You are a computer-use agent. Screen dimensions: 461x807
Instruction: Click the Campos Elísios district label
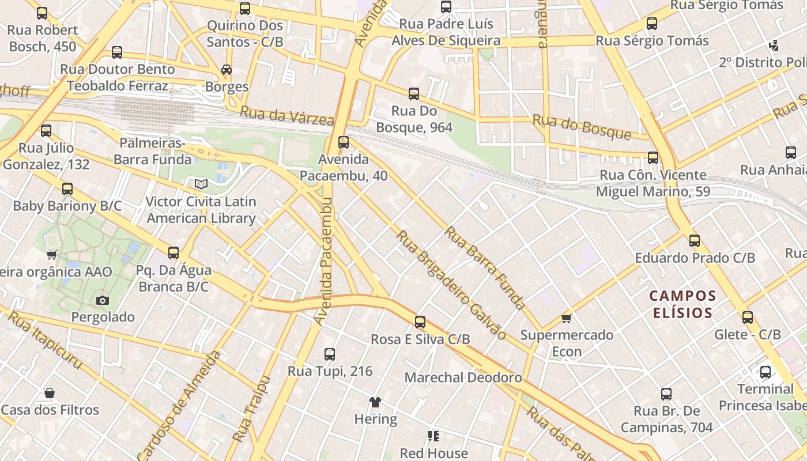[x=682, y=304]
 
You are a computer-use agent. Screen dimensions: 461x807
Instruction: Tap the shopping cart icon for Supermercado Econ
[x=567, y=318]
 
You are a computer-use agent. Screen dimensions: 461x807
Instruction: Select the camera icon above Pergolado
[x=103, y=300]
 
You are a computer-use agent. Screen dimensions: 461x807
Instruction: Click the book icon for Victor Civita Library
[x=201, y=184]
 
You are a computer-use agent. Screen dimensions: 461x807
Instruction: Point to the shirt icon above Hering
[x=375, y=402]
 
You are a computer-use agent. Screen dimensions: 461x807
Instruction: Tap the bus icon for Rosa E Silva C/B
[x=420, y=322]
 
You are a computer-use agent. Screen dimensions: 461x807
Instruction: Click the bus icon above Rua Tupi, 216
[x=330, y=354]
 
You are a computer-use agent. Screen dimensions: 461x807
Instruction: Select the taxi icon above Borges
[x=227, y=70]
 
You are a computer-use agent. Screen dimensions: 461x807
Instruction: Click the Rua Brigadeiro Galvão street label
[x=451, y=285]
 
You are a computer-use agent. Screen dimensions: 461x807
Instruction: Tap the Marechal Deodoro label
[x=463, y=377]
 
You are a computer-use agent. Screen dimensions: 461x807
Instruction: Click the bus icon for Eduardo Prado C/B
[x=695, y=240]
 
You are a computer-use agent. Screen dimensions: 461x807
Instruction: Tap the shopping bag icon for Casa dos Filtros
[x=50, y=393]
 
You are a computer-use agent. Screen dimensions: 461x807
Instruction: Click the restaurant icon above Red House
[x=433, y=436]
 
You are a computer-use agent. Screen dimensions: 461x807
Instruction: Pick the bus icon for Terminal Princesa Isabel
[x=765, y=372]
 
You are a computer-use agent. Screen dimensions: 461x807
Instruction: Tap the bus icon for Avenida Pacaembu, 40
[x=344, y=142]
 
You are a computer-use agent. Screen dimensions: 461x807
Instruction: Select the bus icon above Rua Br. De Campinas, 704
[x=666, y=394]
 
